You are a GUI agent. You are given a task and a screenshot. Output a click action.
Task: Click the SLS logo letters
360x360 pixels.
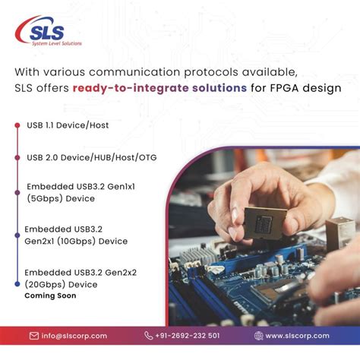click(x=47, y=33)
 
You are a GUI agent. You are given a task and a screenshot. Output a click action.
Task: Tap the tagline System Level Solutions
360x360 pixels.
click(x=57, y=43)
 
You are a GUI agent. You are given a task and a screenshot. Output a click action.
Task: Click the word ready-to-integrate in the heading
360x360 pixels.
click(x=131, y=88)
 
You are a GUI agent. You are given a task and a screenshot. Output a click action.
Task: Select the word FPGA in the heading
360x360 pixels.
click(x=285, y=88)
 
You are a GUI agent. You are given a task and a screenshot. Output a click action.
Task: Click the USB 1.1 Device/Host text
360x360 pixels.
click(x=68, y=125)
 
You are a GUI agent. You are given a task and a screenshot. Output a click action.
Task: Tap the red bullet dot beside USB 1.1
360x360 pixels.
click(x=17, y=125)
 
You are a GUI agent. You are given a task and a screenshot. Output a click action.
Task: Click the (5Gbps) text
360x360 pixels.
click(x=45, y=198)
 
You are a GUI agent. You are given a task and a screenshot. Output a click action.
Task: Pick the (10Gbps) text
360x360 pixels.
click(x=76, y=241)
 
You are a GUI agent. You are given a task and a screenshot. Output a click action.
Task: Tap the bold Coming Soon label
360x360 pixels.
click(x=50, y=295)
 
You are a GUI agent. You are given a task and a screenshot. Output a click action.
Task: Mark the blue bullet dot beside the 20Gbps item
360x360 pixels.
click(x=17, y=284)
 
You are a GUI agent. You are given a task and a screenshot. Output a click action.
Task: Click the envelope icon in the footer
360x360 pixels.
click(x=34, y=336)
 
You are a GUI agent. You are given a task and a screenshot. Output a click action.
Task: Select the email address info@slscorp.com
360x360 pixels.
click(x=74, y=336)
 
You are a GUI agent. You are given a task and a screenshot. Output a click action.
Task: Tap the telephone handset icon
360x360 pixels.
click(x=148, y=336)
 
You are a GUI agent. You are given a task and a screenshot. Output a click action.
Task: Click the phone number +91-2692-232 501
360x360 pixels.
click(x=188, y=336)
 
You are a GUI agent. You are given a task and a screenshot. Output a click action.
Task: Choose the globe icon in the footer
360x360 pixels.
click(x=258, y=336)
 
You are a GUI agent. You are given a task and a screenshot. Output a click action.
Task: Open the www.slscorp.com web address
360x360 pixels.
click(x=298, y=336)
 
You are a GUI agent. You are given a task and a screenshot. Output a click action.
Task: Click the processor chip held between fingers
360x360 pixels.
click(x=265, y=223)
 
